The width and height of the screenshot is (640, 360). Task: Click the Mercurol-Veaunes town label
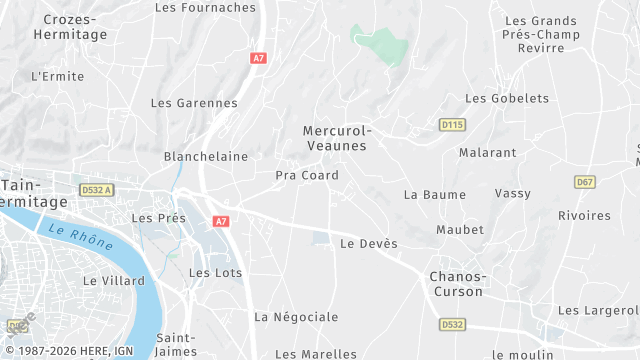336,138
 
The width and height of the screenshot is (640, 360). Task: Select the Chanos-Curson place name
456,284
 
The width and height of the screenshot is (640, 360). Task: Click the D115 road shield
452,124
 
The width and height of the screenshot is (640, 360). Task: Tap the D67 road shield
585,182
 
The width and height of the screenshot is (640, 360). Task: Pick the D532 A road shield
97,189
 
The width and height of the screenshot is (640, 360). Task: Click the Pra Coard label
307,176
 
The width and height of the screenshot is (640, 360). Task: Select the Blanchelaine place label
205,157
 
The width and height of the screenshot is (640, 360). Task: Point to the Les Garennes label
194,103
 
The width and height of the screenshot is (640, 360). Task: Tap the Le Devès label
369,244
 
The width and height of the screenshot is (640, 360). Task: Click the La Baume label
429,195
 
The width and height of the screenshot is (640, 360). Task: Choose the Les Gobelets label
507,99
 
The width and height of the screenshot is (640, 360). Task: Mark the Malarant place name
487,153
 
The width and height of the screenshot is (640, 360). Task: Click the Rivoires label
584,216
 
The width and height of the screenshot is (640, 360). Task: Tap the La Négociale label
296,317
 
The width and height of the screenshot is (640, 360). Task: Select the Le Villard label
113,281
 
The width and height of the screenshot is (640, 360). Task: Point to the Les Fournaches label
206,7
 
